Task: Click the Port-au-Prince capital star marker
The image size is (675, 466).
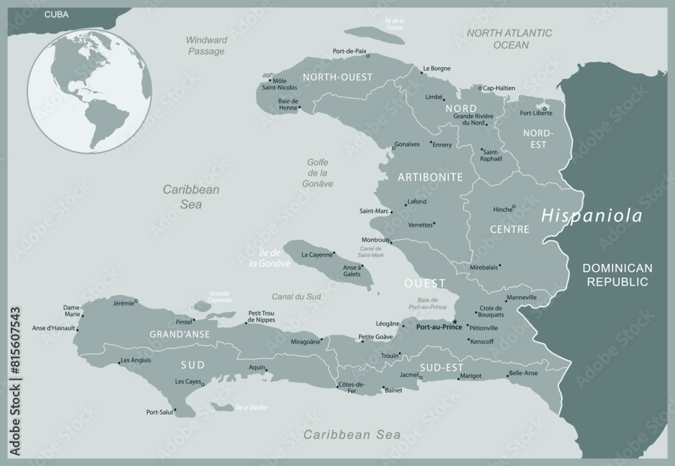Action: (x=455, y=321)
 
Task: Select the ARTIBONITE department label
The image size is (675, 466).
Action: (x=430, y=177)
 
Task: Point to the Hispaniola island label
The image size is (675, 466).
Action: (x=592, y=216)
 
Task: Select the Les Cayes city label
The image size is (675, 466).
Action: (x=189, y=382)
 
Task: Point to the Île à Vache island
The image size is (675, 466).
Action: (x=223, y=407)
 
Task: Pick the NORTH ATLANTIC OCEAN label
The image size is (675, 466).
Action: (x=510, y=38)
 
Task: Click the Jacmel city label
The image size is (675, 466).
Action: (x=408, y=374)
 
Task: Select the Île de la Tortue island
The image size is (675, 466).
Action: (x=373, y=36)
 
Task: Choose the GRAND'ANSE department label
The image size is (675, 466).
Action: (x=179, y=334)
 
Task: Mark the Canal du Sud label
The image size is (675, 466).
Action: (x=296, y=296)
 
